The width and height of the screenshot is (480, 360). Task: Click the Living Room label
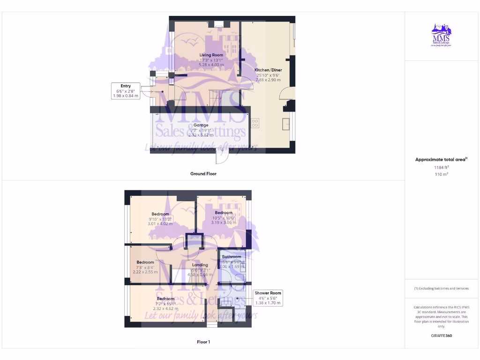pyautogui.click(x=211, y=55)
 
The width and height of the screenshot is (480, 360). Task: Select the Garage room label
pyautogui.click(x=201, y=126)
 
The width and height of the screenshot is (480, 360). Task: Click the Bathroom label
pyautogui.click(x=232, y=257)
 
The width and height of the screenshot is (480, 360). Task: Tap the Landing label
pyautogui.click(x=200, y=265)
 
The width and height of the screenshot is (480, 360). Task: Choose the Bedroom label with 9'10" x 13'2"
pyautogui.click(x=160, y=214)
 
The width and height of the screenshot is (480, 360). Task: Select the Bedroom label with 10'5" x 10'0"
pyautogui.click(x=224, y=213)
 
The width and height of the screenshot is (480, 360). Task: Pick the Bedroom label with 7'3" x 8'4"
pyautogui.click(x=145, y=262)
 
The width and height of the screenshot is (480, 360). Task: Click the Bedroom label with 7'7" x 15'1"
pyautogui.click(x=165, y=299)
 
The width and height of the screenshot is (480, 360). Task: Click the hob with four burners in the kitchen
pyautogui.click(x=255, y=123)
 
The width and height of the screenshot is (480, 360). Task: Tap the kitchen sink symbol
pyautogui.click(x=285, y=124)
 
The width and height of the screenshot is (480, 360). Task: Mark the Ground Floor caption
pyautogui.click(x=203, y=174)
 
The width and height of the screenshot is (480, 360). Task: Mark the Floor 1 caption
pyautogui.click(x=203, y=342)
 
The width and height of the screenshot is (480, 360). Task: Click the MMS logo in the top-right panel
pyautogui.click(x=441, y=37)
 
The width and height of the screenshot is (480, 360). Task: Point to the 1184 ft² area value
pyautogui.click(x=441, y=167)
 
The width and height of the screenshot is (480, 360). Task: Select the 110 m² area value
pyautogui.click(x=441, y=174)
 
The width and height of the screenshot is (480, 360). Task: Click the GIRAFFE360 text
pyautogui.click(x=441, y=336)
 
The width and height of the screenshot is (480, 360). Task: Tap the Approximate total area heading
pyautogui.click(x=441, y=160)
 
